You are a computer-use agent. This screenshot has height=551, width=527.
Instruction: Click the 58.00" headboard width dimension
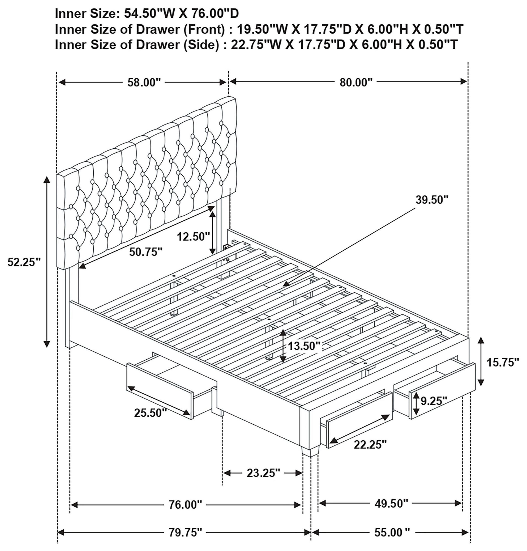coord(144,82)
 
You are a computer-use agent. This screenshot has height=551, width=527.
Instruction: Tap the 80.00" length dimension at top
coord(356,82)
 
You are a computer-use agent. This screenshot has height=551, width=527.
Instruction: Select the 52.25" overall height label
coord(24,262)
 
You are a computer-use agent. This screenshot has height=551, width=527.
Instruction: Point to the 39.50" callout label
coord(432,200)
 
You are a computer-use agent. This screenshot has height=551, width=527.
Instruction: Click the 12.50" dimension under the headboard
coord(193,236)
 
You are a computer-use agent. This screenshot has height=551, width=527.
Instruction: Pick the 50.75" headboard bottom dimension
coord(146,252)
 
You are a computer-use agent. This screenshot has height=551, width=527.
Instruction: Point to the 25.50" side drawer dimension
coord(150,413)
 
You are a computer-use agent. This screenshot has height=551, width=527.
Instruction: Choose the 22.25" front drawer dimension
coord(370,444)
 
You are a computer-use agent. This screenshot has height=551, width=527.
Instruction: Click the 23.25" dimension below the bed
coord(263,473)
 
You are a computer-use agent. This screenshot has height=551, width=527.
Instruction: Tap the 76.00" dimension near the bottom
coord(185,505)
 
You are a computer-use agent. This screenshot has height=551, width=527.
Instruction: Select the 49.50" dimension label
coord(391,503)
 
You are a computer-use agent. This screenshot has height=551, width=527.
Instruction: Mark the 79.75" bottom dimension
coord(185,532)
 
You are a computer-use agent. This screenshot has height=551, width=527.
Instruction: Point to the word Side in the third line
coord(201,45)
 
